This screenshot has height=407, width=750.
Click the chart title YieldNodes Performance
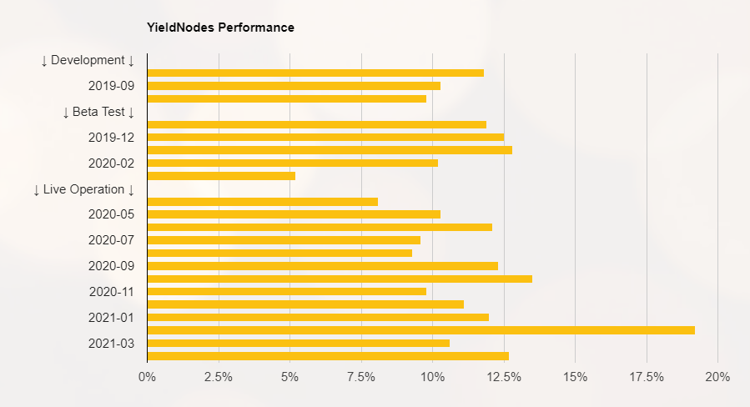[220, 28]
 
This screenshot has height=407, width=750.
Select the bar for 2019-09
[294, 86]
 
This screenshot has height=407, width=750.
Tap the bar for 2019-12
[325, 137]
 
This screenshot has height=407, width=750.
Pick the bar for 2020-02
[292, 163]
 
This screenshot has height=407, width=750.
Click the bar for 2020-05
[294, 214]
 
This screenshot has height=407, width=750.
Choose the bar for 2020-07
[284, 240]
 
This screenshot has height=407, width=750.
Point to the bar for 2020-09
[322, 266]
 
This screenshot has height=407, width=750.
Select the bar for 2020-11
[286, 292]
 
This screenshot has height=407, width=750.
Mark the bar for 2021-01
[318, 317]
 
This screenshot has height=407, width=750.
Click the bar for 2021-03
[298, 343]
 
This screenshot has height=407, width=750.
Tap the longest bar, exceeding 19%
[420, 330]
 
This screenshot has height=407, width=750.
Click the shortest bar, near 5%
[221, 176]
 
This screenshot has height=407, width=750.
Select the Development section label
[88, 60]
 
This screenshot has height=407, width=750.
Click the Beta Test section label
[98, 112]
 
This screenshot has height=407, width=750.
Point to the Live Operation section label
[83, 189]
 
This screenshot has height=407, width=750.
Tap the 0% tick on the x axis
[147, 377]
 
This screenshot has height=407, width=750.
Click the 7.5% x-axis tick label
[361, 377]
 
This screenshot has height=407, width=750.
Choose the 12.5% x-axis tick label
[504, 377]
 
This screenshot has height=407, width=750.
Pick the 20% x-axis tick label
[717, 377]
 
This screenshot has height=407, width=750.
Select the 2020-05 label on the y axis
[112, 214]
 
